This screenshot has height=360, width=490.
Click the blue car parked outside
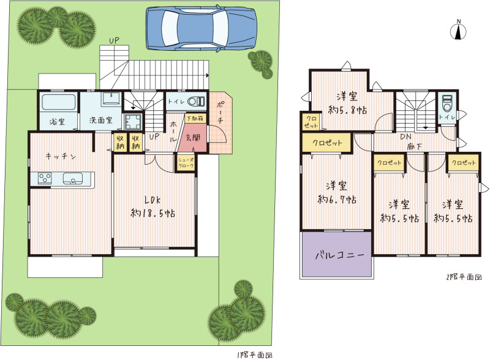(x=202, y=28)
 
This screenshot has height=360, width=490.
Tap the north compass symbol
(x=458, y=31)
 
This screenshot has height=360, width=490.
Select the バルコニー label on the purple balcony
(x=340, y=255)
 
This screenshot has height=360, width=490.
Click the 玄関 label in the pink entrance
(x=193, y=138)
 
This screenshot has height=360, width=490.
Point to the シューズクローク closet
(x=186, y=162)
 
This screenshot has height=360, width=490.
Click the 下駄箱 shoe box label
(x=195, y=118)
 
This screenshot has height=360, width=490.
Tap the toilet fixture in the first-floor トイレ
(x=196, y=101)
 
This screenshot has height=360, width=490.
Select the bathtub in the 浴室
(x=58, y=102)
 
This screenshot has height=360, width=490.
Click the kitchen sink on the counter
(x=73, y=179)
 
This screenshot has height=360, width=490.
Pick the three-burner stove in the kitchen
(x=45, y=178)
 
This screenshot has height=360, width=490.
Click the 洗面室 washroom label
(x=101, y=120)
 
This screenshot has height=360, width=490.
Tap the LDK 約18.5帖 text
(x=153, y=206)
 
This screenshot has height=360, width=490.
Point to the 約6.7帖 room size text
(x=337, y=199)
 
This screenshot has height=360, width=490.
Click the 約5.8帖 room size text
(x=347, y=110)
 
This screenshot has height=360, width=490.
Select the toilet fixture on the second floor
(x=447, y=103)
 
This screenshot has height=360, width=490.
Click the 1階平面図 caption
(x=255, y=355)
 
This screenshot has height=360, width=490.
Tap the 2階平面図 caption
(x=464, y=277)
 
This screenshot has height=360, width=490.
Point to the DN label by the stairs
(x=405, y=137)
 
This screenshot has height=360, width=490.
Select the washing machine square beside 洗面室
(x=133, y=121)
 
